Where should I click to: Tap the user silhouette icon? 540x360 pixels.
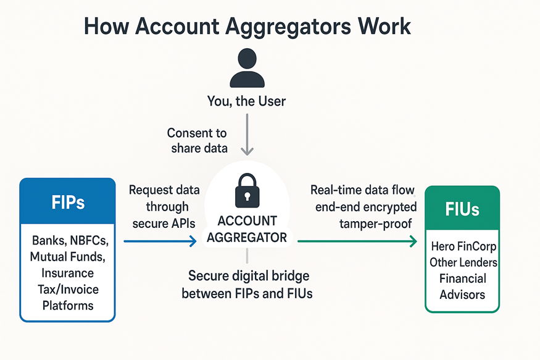point(247,69)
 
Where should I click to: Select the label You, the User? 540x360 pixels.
point(247,101)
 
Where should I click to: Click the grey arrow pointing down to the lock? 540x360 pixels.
point(247,140)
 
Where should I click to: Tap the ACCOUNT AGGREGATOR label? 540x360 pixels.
point(247,229)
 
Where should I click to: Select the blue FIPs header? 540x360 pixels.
point(68,203)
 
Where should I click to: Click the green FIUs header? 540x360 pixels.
point(462,209)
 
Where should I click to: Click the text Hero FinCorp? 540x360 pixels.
point(463,246)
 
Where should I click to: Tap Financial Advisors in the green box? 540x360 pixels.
point(463,287)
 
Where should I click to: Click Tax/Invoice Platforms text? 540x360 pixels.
point(67,297)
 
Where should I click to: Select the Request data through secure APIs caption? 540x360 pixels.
point(162,207)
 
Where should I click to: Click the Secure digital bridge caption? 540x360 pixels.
point(247,285)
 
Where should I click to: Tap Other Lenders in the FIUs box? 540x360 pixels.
point(463,262)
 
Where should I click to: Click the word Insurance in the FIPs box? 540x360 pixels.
point(67,273)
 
